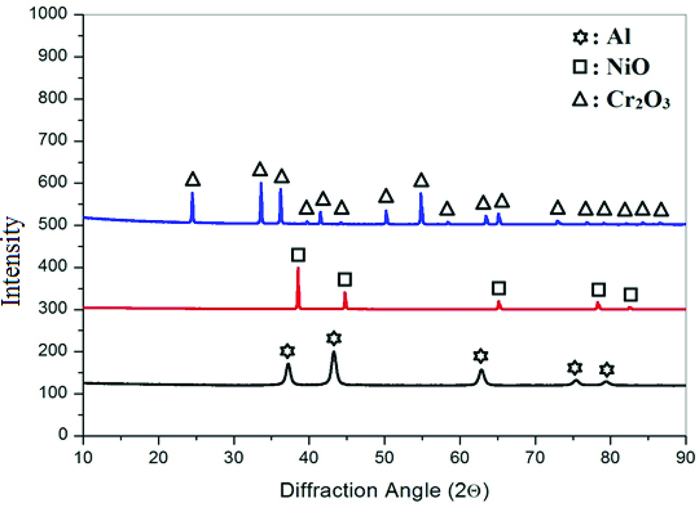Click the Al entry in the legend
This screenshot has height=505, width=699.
click(600, 39)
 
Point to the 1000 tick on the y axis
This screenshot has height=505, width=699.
click(57, 15)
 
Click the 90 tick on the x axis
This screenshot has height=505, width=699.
click(685, 455)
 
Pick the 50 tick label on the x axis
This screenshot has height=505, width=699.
click(384, 455)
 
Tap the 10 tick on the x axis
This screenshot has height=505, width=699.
click(83, 455)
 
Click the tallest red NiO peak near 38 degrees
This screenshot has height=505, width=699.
click(298, 269)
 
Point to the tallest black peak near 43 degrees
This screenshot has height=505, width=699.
click(334, 353)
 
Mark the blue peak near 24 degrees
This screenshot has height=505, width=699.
click(192, 193)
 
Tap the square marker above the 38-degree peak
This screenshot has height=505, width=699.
click(298, 255)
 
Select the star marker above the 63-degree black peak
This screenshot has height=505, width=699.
click(480, 356)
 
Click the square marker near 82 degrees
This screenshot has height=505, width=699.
click(631, 295)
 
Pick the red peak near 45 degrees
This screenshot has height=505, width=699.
click(345, 294)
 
